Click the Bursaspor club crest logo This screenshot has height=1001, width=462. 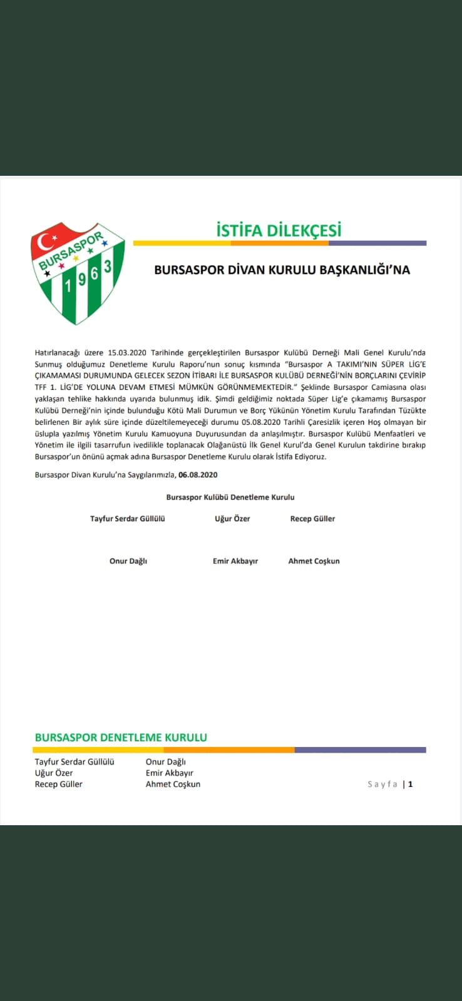pyautogui.click(x=78, y=273)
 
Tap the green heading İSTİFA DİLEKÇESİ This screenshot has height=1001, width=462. pyautogui.click(x=279, y=230)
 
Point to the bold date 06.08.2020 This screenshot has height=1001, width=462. pyautogui.click(x=198, y=475)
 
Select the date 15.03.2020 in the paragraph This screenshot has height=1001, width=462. pyautogui.click(x=127, y=353)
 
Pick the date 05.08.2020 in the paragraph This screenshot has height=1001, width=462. pyautogui.click(x=263, y=422)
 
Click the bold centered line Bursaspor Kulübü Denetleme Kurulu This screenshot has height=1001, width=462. pyautogui.click(x=230, y=497)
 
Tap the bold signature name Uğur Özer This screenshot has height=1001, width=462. pyautogui.click(x=232, y=519)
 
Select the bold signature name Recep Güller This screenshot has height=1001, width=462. pyautogui.click(x=312, y=519)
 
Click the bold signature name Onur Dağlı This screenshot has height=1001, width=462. pyautogui.click(x=128, y=561)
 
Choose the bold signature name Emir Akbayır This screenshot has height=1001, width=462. pyautogui.click(x=235, y=561)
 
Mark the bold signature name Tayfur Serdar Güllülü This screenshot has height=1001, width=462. pyautogui.click(x=128, y=519)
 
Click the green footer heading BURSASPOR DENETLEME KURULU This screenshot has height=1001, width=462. pyautogui.click(x=121, y=738)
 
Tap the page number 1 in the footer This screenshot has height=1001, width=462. pyautogui.click(x=411, y=784)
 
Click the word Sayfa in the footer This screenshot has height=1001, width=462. pyautogui.click(x=382, y=784)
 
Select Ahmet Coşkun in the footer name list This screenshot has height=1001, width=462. pyautogui.click(x=173, y=784)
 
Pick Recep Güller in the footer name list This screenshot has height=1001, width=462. pyautogui.click(x=59, y=784)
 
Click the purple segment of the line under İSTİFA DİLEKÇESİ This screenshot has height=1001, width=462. pyautogui.click(x=377, y=243)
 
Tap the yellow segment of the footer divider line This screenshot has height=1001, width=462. pyautogui.click(x=98, y=749)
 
